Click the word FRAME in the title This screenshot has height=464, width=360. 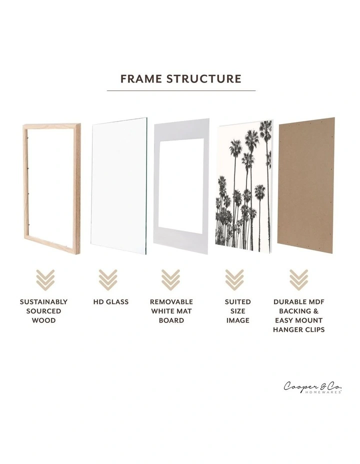tap(141, 79)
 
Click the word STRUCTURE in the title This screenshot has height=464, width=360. tap(204, 79)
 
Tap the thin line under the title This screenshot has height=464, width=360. tap(181, 90)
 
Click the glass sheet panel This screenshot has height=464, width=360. tap(119, 185)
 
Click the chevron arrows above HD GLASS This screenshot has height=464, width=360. tap(107, 279)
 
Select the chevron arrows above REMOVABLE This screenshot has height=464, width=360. tap(170, 279)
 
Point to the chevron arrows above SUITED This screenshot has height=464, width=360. tap(234, 279)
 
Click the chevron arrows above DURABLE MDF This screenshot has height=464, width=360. tap(298, 279)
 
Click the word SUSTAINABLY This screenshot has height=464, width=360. tap(43, 302)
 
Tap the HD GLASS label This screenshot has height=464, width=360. tap(110, 302)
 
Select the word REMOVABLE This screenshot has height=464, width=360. tap(171, 302)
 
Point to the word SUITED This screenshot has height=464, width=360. tap(237, 302)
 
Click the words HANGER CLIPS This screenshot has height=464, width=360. tap(298, 329)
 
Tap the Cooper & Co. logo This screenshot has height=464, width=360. tap(313, 387)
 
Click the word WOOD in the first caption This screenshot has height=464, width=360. tap(43, 320)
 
